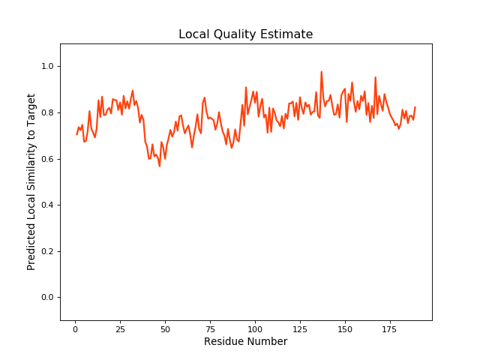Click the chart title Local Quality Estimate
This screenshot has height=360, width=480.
click(245, 34)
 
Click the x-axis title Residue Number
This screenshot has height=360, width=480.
click(245, 342)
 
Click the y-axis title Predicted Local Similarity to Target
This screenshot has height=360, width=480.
click(31, 181)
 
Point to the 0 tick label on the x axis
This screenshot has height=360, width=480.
click(75, 328)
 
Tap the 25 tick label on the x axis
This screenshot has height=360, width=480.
click(120, 328)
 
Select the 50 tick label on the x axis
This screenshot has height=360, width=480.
click(165, 328)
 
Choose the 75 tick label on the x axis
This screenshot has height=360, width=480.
click(210, 328)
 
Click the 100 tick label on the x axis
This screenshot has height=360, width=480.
click(255, 328)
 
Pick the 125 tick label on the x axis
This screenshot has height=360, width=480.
click(300, 328)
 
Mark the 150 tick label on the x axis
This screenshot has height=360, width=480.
click(345, 328)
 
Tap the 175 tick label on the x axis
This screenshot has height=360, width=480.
click(390, 328)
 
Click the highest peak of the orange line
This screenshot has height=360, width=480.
click(321, 72)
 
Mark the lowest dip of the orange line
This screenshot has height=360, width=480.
click(159, 166)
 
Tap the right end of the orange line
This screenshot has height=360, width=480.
click(415, 107)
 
